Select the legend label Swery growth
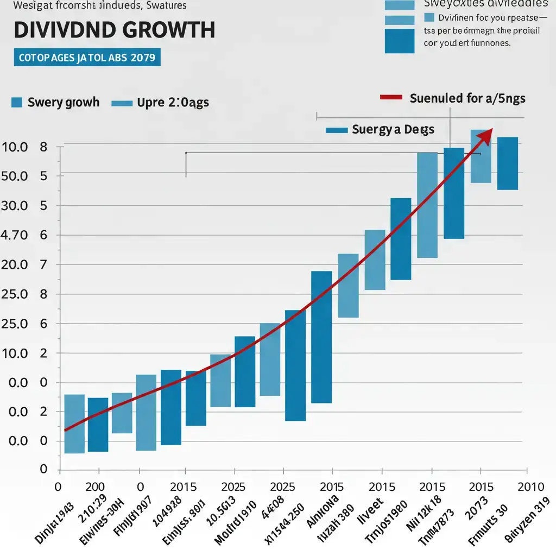[x=63, y=102]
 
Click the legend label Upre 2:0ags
[x=173, y=102]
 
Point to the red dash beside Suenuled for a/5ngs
[x=391, y=98]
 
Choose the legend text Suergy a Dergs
[x=393, y=130]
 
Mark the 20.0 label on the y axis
[x=15, y=265]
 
